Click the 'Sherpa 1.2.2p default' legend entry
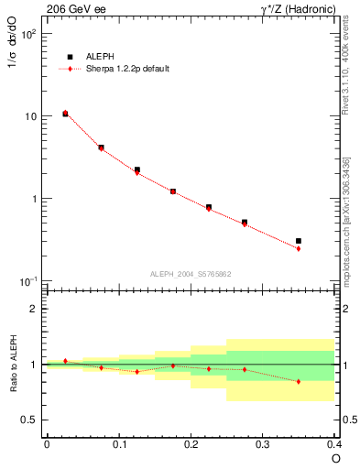coord(124,69)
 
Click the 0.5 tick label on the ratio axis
coord(30,420)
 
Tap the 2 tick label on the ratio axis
coord(35,309)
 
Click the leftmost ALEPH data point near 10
coord(65,114)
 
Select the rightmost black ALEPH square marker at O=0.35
coord(299,241)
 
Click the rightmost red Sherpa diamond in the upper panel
coord(299,248)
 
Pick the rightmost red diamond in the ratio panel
coord(299,381)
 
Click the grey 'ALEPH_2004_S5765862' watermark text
coord(191,274)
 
